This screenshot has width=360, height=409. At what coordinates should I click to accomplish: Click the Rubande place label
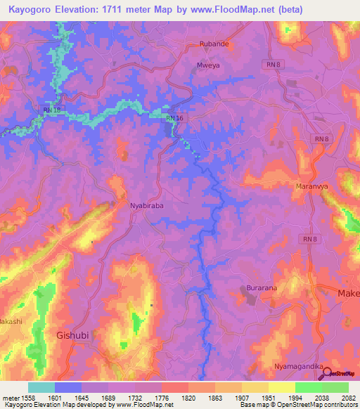[214, 44]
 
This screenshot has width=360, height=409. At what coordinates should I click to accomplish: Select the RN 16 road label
[174, 119]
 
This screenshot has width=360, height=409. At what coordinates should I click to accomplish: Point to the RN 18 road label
[51, 110]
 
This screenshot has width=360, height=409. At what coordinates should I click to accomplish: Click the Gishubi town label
[72, 336]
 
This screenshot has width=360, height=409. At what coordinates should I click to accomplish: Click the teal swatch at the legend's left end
[41, 387]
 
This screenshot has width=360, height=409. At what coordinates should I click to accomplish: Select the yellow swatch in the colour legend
[281, 387]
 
